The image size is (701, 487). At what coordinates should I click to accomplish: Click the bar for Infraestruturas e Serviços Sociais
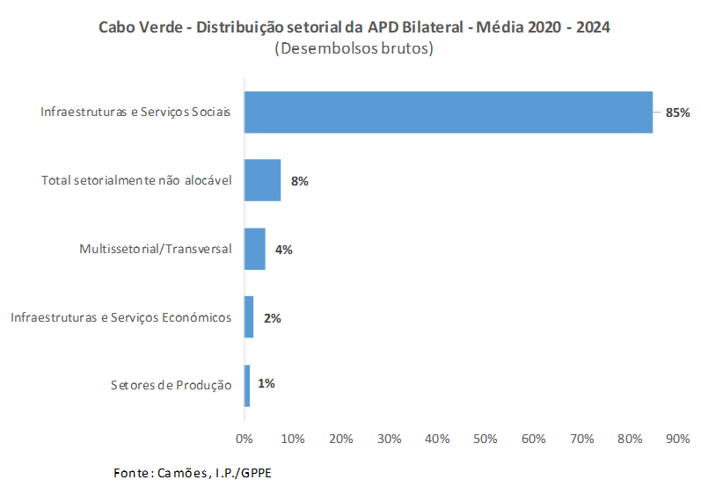click(448, 113)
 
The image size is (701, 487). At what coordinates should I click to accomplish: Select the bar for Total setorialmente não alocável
click(262, 180)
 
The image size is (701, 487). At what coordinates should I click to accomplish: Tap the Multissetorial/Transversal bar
click(254, 249)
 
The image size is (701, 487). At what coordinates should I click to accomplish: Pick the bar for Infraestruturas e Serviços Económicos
click(249, 317)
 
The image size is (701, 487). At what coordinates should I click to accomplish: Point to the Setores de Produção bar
click(247, 386)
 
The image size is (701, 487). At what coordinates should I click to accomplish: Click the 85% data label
click(678, 113)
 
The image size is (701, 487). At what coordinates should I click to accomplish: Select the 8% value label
click(299, 181)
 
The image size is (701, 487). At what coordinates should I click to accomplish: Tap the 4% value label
click(283, 250)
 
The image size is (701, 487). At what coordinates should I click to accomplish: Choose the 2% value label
click(272, 318)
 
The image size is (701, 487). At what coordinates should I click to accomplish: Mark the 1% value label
click(267, 383)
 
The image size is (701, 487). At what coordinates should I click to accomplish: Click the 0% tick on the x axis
click(245, 438)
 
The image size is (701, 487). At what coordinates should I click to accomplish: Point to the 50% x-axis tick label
click(486, 438)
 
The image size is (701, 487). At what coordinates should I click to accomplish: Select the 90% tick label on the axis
click(678, 438)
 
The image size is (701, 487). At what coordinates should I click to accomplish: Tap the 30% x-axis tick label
click(389, 438)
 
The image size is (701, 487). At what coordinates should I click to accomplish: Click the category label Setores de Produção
click(171, 386)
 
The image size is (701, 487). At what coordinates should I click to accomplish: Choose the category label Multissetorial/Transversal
click(155, 249)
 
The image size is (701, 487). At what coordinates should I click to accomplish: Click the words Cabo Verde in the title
click(136, 27)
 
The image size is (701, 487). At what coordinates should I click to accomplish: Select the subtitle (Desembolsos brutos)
click(354, 49)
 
